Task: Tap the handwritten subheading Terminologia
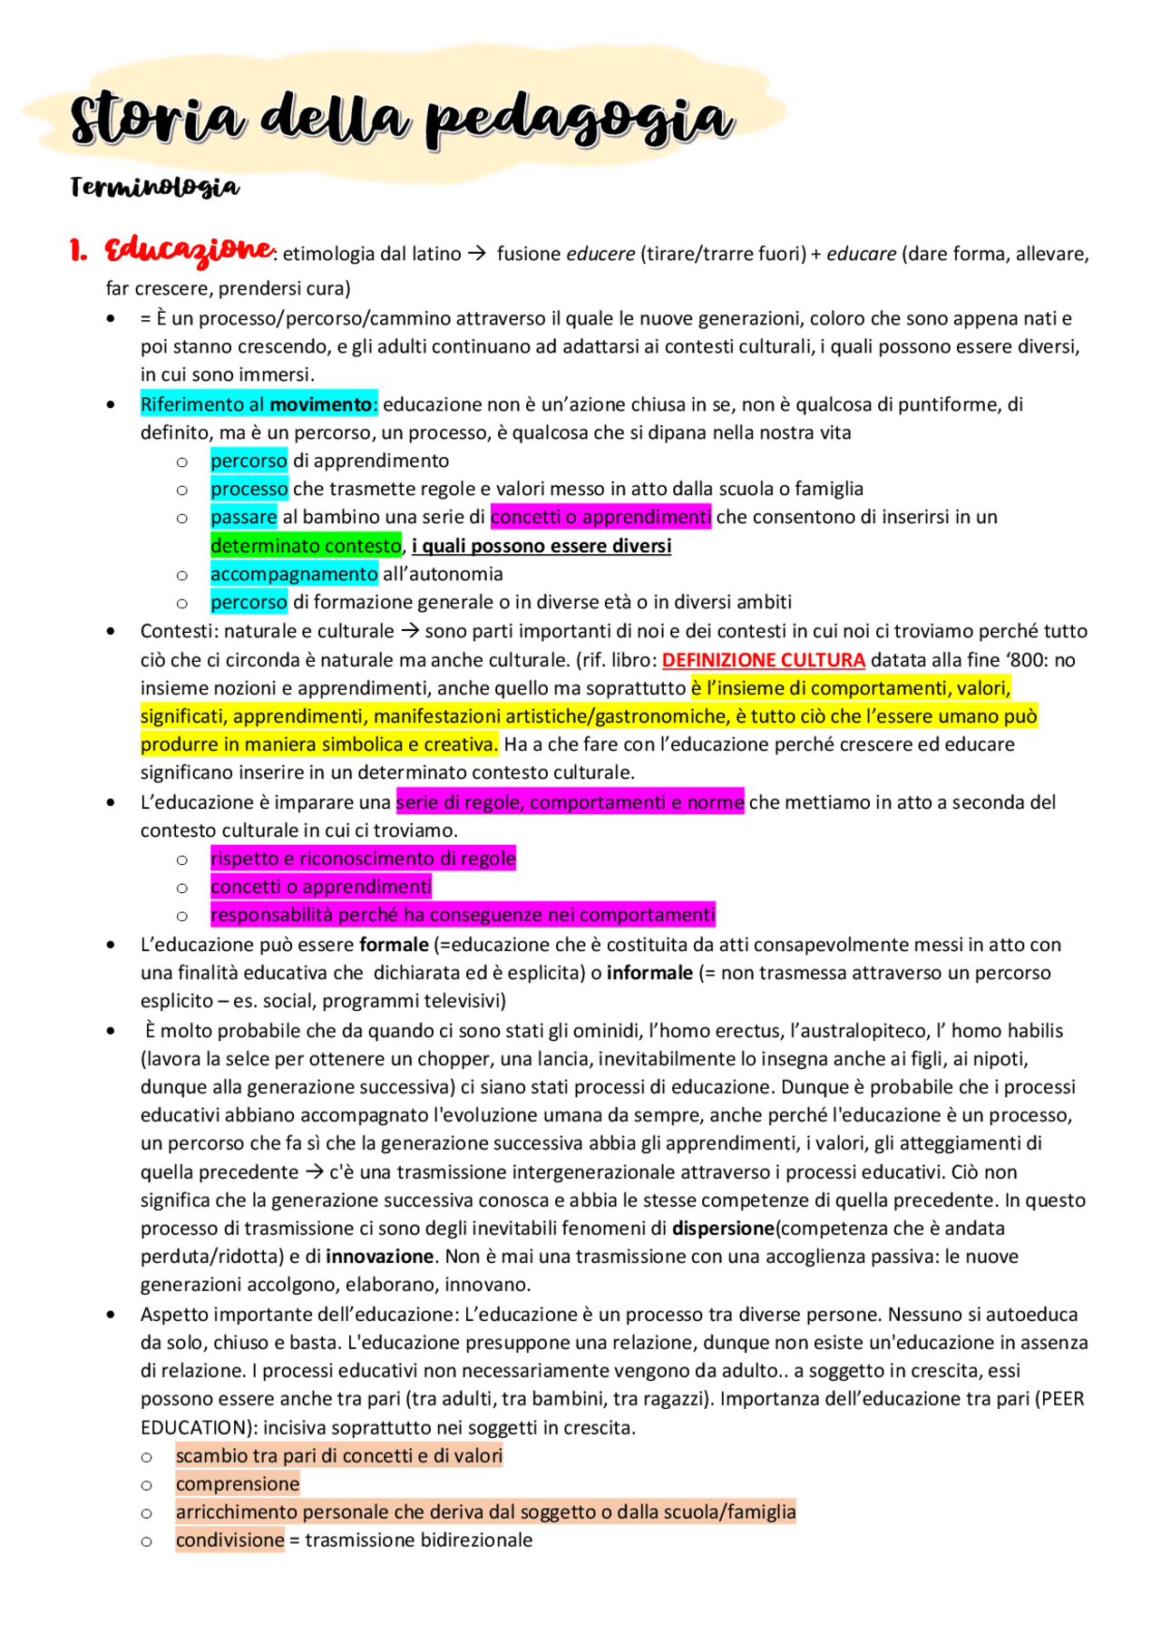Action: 155,187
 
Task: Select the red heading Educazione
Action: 189,249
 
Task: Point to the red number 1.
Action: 79,251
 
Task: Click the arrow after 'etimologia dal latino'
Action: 477,254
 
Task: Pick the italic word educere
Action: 600,254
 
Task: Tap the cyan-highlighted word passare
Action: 243,517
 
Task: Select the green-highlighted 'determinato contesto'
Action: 306,546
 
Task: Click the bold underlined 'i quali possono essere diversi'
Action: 541,546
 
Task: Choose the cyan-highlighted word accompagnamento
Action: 294,574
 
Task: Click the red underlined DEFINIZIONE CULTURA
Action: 763,660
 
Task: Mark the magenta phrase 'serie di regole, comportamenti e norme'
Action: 570,802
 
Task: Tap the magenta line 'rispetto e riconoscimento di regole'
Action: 363,859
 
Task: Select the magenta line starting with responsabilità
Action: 463,915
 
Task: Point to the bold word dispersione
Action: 723,1229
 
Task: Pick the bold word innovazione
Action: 379,1257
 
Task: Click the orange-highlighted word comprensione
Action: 238,1484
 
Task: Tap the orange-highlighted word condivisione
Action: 230,1540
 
